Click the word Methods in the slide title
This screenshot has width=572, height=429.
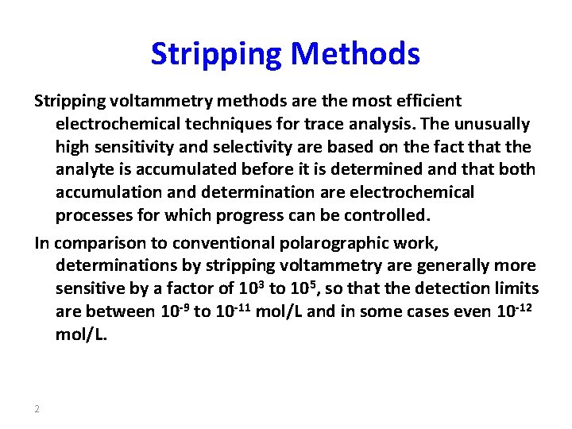[355, 54]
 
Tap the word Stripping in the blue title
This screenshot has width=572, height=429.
[216, 54]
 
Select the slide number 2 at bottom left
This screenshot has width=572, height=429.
[37, 409]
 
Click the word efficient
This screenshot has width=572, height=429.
[428, 102]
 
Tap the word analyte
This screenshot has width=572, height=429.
[83, 170]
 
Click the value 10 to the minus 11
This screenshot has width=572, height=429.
[233, 310]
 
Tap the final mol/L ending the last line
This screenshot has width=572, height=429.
[80, 334]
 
